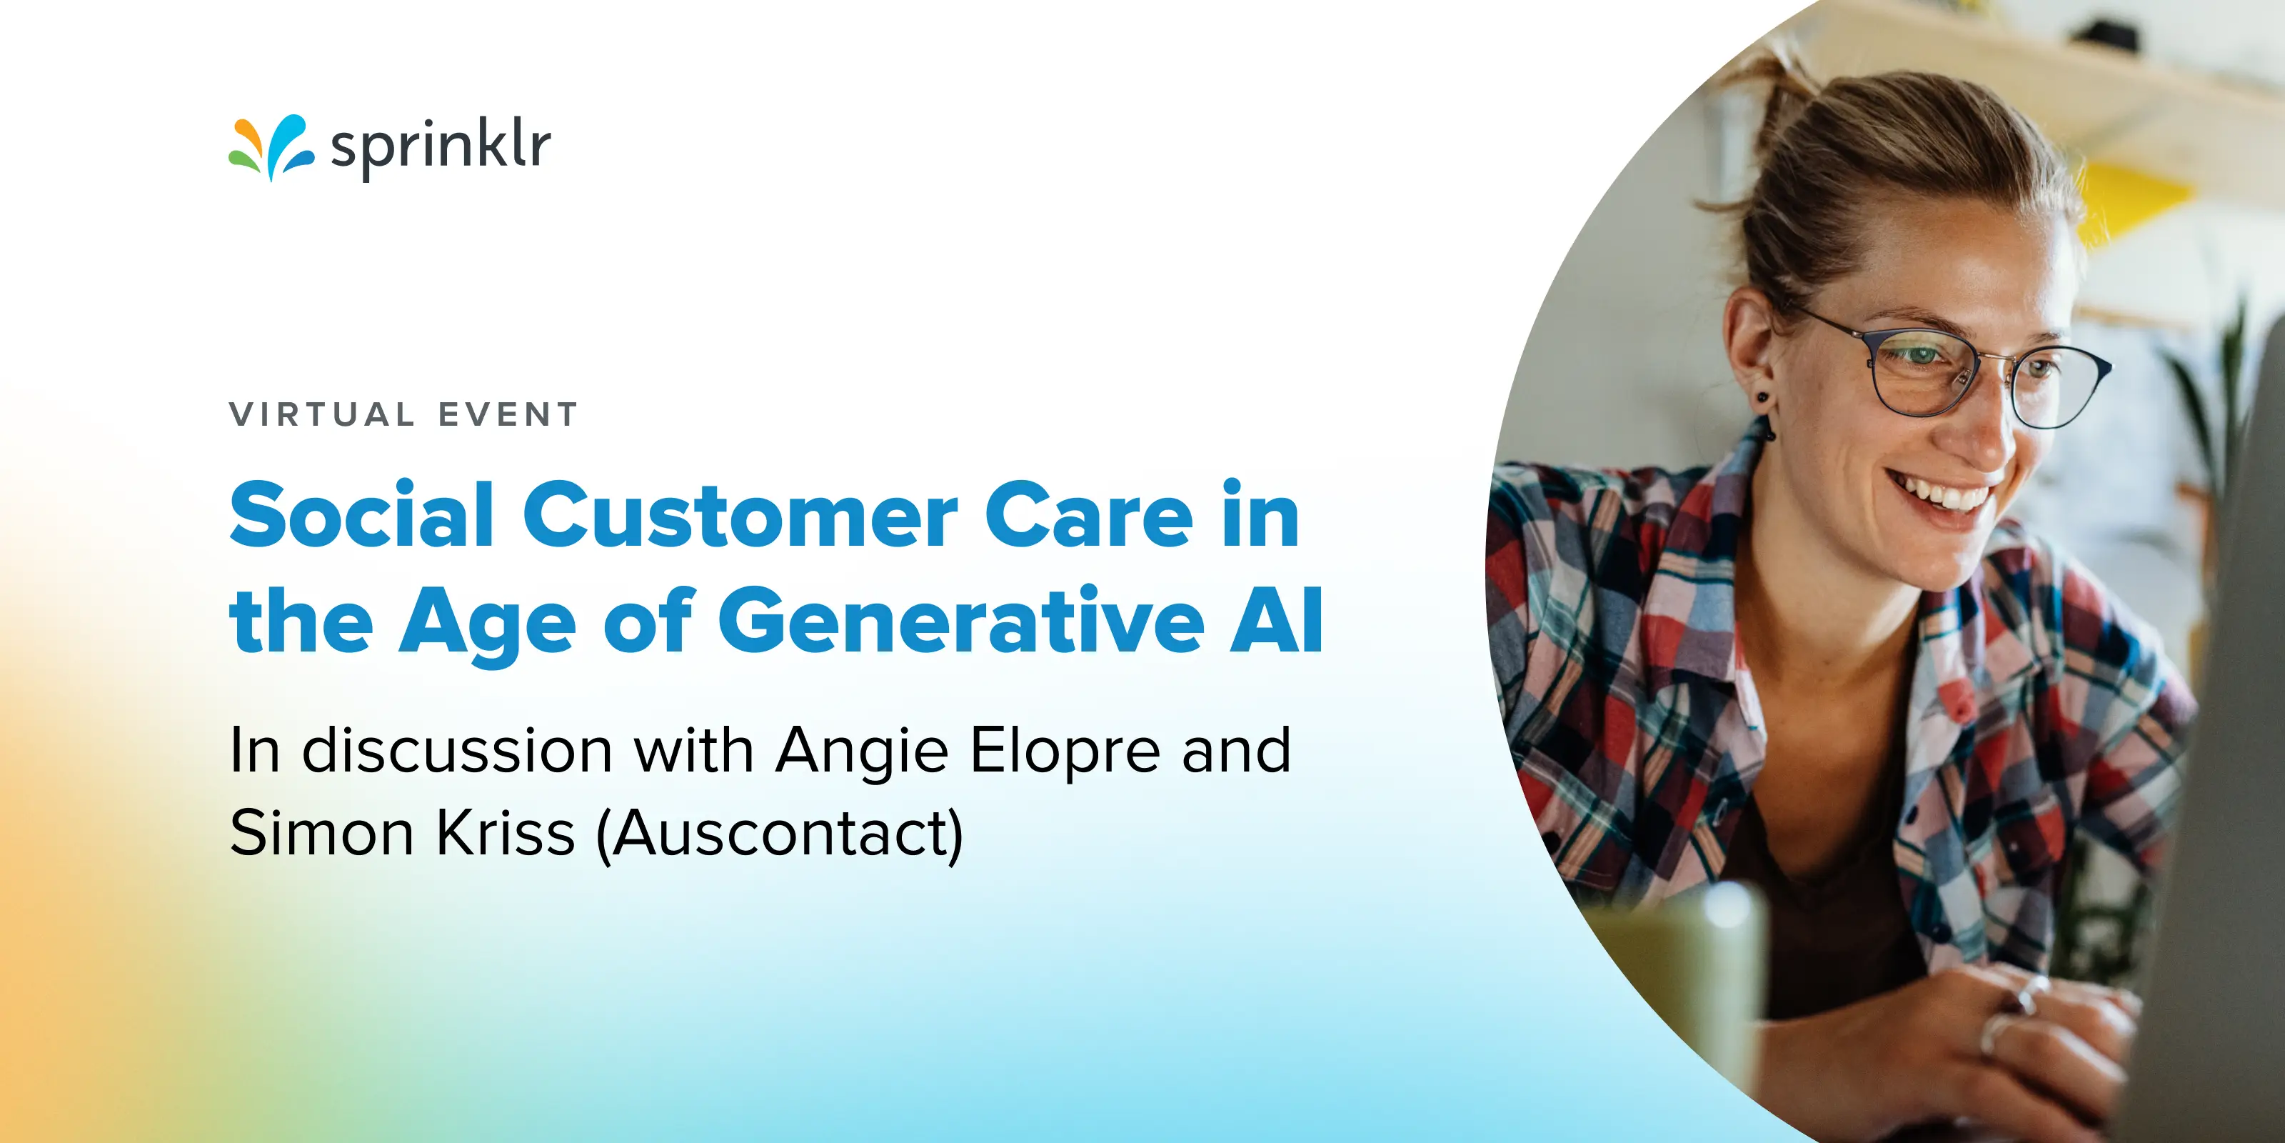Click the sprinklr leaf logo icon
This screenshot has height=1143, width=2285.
[x=271, y=147]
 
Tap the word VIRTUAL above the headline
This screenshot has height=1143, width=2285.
[x=322, y=414]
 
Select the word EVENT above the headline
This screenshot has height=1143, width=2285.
[x=508, y=414]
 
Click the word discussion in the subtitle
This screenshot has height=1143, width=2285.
[x=457, y=751]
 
